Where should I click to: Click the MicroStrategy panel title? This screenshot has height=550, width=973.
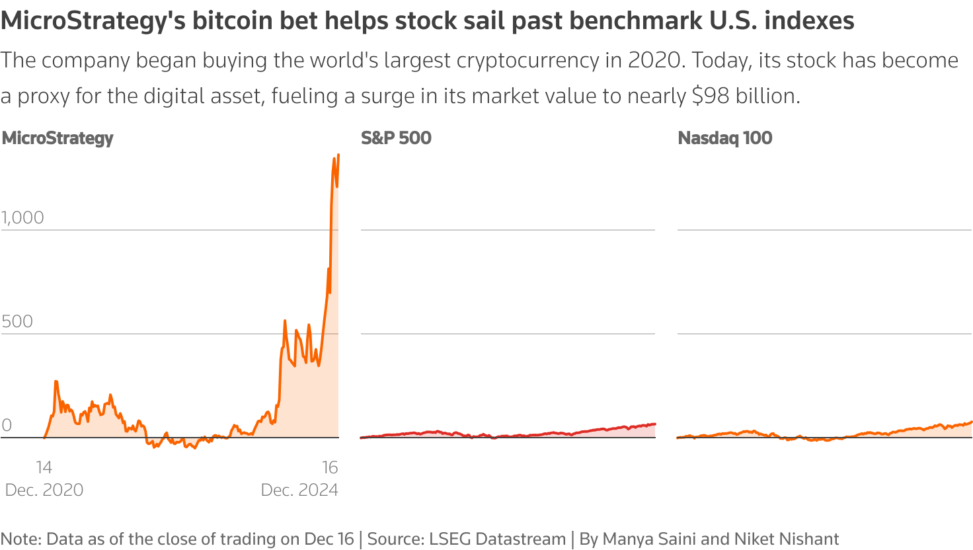coord(58,138)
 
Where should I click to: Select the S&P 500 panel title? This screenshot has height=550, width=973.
coord(396,138)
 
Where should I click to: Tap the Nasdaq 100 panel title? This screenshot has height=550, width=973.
coord(725,138)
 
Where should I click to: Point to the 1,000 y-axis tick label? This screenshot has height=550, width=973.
coord(22,217)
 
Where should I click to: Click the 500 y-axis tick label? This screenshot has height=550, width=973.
coord(17,321)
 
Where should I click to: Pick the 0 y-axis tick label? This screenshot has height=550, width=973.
coord(7,425)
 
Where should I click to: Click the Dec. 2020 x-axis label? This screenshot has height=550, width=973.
coord(44,490)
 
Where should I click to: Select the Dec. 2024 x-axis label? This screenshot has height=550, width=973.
coord(299,490)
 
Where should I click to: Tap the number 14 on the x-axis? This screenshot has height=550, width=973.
coord(44,467)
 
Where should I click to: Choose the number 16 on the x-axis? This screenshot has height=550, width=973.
coord(330,467)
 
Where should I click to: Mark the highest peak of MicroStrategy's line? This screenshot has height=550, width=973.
coord(338,155)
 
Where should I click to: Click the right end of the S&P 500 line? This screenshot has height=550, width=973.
coord(654,424)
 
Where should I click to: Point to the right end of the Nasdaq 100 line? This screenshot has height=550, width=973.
coord(971,422)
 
